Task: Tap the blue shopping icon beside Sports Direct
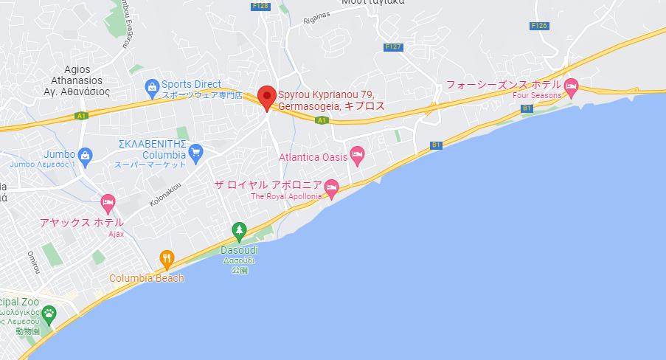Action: (152, 87)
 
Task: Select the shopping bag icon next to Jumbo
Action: (86, 155)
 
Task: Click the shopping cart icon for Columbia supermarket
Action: (195, 153)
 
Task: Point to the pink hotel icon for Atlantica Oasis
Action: (357, 155)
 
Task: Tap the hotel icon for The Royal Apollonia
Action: (332, 187)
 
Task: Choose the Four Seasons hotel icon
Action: (571, 87)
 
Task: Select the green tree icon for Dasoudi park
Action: (239, 231)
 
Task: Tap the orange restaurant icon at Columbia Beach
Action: (167, 258)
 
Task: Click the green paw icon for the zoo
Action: (49, 314)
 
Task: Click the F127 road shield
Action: (394, 46)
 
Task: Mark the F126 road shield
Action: (539, 26)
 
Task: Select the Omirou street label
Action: (32, 261)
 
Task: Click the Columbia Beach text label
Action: (147, 278)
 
